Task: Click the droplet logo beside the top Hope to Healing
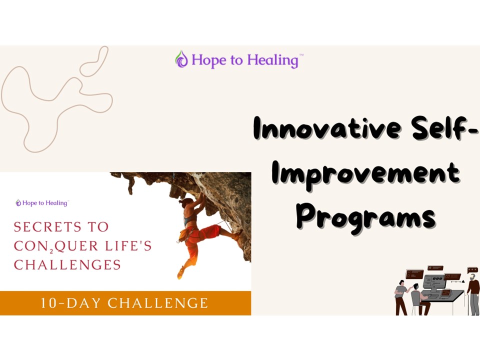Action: tap(181, 59)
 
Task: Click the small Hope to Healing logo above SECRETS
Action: tap(42, 203)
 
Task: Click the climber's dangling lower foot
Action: tap(180, 273)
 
